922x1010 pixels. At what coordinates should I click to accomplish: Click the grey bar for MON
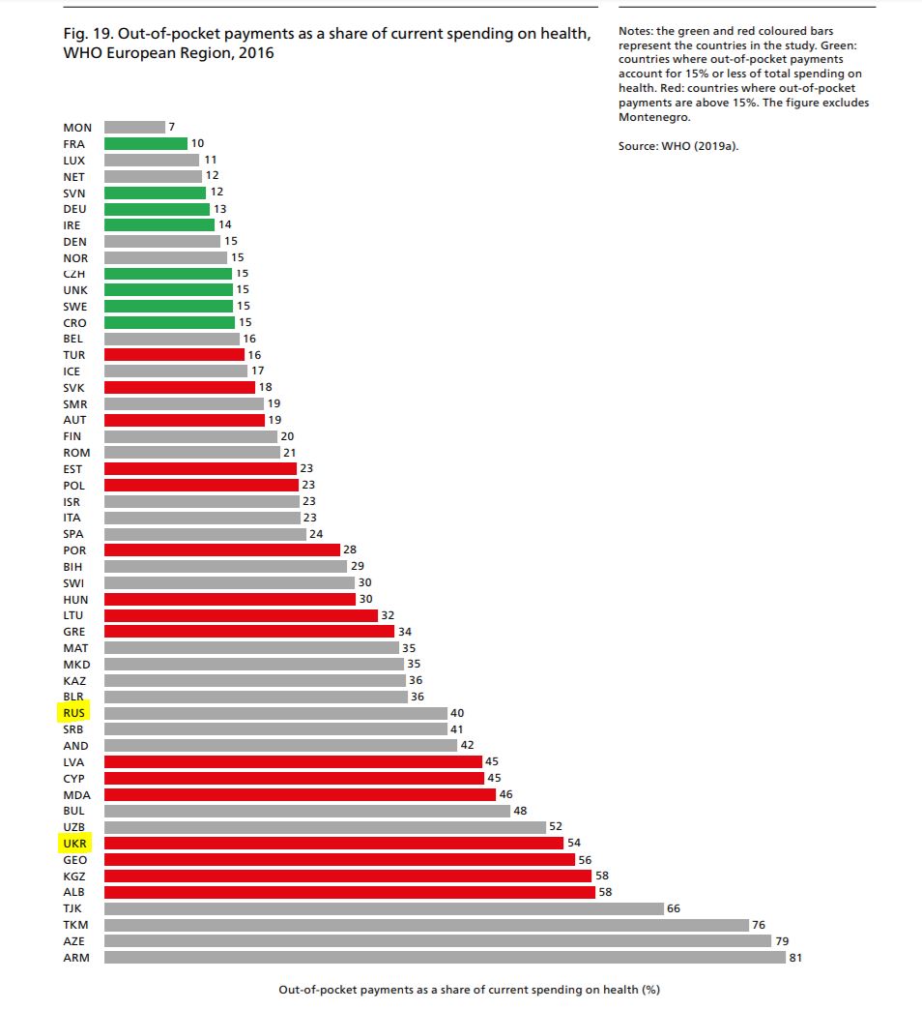pyautogui.click(x=134, y=127)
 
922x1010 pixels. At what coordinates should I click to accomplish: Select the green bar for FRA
pyautogui.click(x=145, y=143)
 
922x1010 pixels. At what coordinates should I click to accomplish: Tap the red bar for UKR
pyautogui.click(x=333, y=843)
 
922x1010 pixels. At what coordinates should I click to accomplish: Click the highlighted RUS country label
pyautogui.click(x=74, y=713)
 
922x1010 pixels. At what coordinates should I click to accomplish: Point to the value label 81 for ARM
pyautogui.click(x=796, y=958)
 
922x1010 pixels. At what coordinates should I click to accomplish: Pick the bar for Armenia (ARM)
pyautogui.click(x=445, y=958)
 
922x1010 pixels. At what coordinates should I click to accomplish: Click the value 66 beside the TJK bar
pyautogui.click(x=675, y=908)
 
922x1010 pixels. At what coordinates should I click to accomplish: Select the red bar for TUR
pyautogui.click(x=174, y=355)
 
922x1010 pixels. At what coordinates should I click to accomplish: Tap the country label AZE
pyautogui.click(x=75, y=941)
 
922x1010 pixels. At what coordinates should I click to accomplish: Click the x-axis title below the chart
pyautogui.click(x=469, y=990)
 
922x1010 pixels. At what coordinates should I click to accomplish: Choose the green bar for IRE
pyautogui.click(x=158, y=224)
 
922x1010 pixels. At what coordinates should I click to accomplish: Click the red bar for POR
pyautogui.click(x=221, y=550)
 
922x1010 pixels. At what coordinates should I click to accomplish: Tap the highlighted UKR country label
pyautogui.click(x=74, y=843)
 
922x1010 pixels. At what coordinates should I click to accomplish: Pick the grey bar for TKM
pyautogui.click(x=426, y=925)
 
